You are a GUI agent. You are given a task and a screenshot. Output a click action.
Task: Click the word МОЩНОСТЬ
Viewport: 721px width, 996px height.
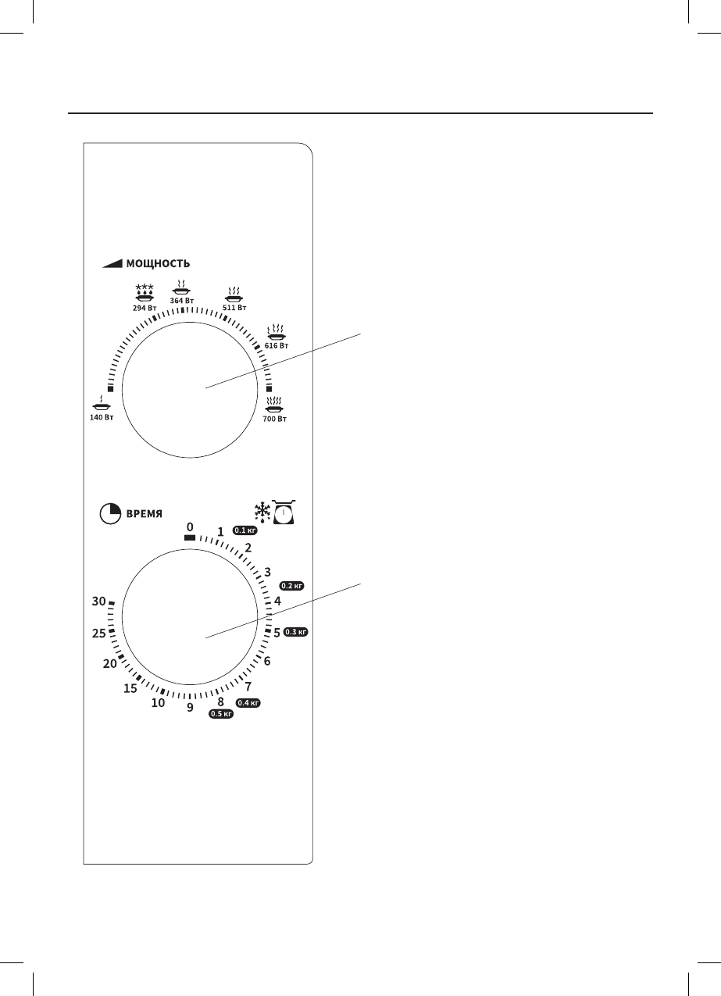click(159, 264)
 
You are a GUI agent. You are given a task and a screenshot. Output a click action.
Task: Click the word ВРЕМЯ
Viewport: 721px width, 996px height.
click(145, 514)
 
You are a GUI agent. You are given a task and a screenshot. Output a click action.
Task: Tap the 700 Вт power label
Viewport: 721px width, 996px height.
click(275, 419)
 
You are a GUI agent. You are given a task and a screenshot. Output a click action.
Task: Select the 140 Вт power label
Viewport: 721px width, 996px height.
click(102, 417)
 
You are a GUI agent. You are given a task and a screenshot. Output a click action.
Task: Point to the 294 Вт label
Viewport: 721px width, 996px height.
click(145, 307)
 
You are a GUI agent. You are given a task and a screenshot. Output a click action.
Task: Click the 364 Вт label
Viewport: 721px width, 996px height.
click(182, 301)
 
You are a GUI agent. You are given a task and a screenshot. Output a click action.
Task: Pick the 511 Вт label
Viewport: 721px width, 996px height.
click(234, 307)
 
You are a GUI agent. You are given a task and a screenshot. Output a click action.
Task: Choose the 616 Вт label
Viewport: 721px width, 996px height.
click(277, 345)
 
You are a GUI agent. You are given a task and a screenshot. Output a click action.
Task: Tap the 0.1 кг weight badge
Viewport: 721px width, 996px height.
click(245, 530)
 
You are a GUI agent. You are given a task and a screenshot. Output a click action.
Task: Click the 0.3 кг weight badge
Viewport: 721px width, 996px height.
click(295, 632)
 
